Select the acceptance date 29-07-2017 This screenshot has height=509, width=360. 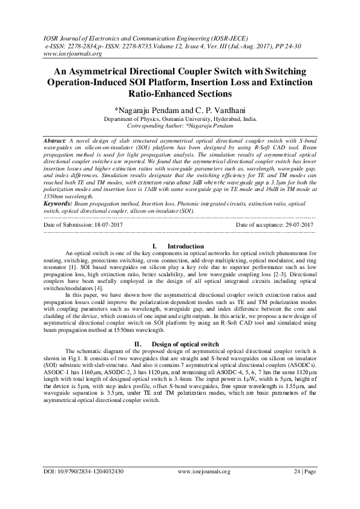tap(298, 225)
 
